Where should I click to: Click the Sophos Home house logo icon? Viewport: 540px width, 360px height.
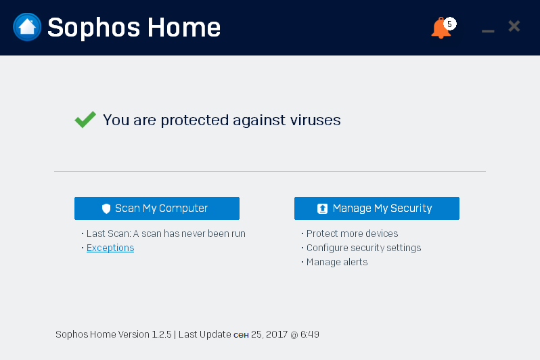click(x=27, y=27)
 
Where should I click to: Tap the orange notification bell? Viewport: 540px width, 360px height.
click(x=440, y=29)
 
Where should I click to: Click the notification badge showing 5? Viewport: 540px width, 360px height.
click(x=450, y=24)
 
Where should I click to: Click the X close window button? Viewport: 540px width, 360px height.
click(x=514, y=26)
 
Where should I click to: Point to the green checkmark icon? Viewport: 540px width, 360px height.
click(x=85, y=120)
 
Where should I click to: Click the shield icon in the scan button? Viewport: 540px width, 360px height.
click(x=106, y=208)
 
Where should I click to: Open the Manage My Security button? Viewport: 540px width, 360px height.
click(x=377, y=208)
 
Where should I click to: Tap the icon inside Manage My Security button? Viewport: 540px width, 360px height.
click(x=323, y=208)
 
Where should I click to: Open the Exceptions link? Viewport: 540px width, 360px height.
click(x=110, y=248)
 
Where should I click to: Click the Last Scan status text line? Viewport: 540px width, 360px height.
click(x=166, y=233)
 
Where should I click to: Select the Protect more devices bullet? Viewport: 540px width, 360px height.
click(x=352, y=233)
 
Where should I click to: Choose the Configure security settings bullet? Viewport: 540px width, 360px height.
click(x=363, y=248)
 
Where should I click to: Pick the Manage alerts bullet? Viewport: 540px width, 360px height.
click(x=337, y=262)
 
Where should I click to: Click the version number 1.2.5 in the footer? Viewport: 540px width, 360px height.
click(x=161, y=334)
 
